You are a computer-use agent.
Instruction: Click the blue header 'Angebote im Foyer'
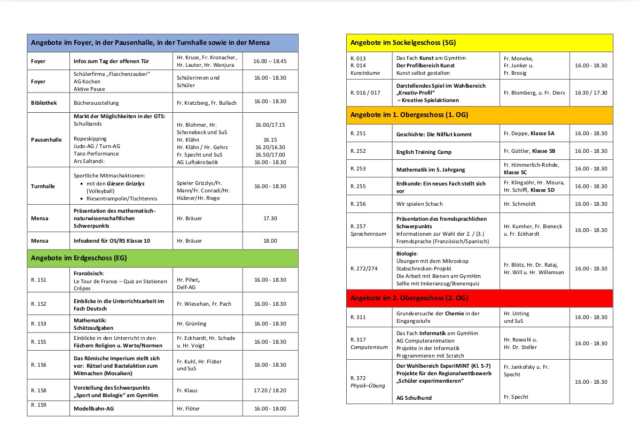(x=150, y=43)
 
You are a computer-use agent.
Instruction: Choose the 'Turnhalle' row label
(x=42, y=187)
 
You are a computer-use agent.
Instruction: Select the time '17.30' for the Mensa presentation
(x=270, y=218)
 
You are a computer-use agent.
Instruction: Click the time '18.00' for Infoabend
(x=270, y=241)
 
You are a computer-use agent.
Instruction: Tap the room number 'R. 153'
(x=38, y=324)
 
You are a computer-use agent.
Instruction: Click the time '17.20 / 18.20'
(x=270, y=391)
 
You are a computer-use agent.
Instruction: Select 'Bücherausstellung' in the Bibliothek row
(x=96, y=102)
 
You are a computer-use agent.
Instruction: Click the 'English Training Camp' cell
(x=424, y=152)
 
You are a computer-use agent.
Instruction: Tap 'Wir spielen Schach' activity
(x=419, y=204)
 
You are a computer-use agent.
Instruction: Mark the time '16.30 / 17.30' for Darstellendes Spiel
(x=591, y=92)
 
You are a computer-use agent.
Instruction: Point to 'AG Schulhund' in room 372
(x=414, y=398)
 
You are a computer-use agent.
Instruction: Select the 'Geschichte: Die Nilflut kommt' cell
(x=434, y=134)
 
